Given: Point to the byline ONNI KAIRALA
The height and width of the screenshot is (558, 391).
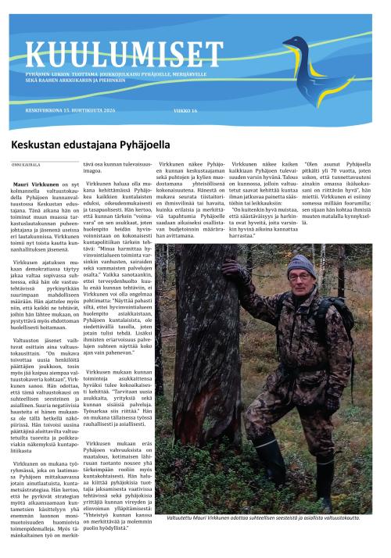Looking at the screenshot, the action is [x=25, y=165].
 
